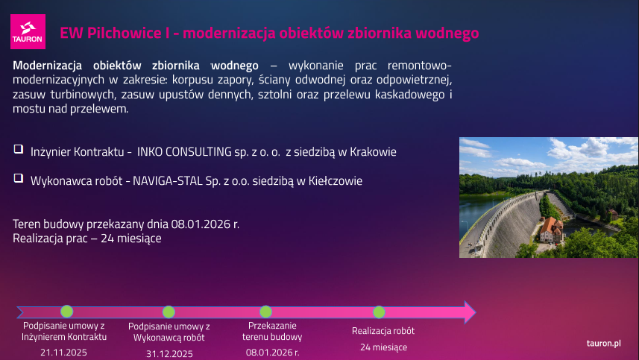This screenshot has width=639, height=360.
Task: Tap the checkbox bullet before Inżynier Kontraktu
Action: click(x=18, y=150)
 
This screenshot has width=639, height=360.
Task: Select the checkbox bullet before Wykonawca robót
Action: click(x=18, y=179)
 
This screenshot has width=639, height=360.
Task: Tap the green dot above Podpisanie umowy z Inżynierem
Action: click(x=67, y=312)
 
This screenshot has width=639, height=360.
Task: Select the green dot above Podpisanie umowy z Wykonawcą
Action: click(x=169, y=312)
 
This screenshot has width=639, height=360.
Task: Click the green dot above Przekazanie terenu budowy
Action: click(x=265, y=312)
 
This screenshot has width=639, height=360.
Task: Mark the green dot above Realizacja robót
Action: click(x=379, y=312)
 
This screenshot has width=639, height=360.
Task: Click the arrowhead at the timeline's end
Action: click(x=469, y=312)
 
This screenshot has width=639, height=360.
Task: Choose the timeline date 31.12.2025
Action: click(x=169, y=353)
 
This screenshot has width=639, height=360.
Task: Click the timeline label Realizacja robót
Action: click(x=383, y=330)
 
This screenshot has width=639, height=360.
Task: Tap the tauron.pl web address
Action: click(x=604, y=343)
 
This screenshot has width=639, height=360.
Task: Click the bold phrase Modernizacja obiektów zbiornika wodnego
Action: click(x=136, y=64)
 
